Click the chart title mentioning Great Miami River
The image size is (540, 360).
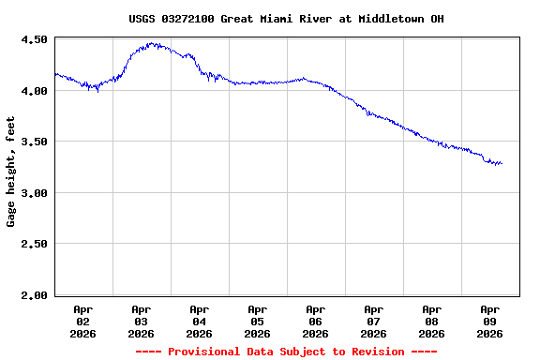[x=286, y=19]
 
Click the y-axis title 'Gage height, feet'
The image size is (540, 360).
[x=11, y=172]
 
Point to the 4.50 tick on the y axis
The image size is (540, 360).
[x=34, y=40]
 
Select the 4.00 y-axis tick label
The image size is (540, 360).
[x=34, y=91]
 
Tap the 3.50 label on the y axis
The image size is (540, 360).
[x=34, y=142]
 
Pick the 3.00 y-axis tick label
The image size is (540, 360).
[x=34, y=193]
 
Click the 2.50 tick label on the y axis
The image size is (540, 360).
[x=34, y=244]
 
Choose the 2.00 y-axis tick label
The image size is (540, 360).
[x=34, y=295]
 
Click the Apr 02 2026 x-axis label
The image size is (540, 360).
[x=83, y=321]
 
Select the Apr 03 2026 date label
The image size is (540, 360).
[x=142, y=321]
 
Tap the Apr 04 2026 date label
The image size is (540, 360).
[x=200, y=321]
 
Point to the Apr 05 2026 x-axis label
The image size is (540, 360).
[x=258, y=321]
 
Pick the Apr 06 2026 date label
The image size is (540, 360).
[x=316, y=321]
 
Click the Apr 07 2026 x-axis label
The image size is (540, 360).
[x=374, y=321]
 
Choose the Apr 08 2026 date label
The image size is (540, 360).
[x=432, y=321]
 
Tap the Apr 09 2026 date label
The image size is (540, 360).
[x=490, y=321]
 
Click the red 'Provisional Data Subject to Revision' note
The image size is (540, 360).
[x=286, y=352]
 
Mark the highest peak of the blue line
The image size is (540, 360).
[x=152, y=43]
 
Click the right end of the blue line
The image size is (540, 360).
[x=502, y=164]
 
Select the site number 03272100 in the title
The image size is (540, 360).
[x=193, y=19]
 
